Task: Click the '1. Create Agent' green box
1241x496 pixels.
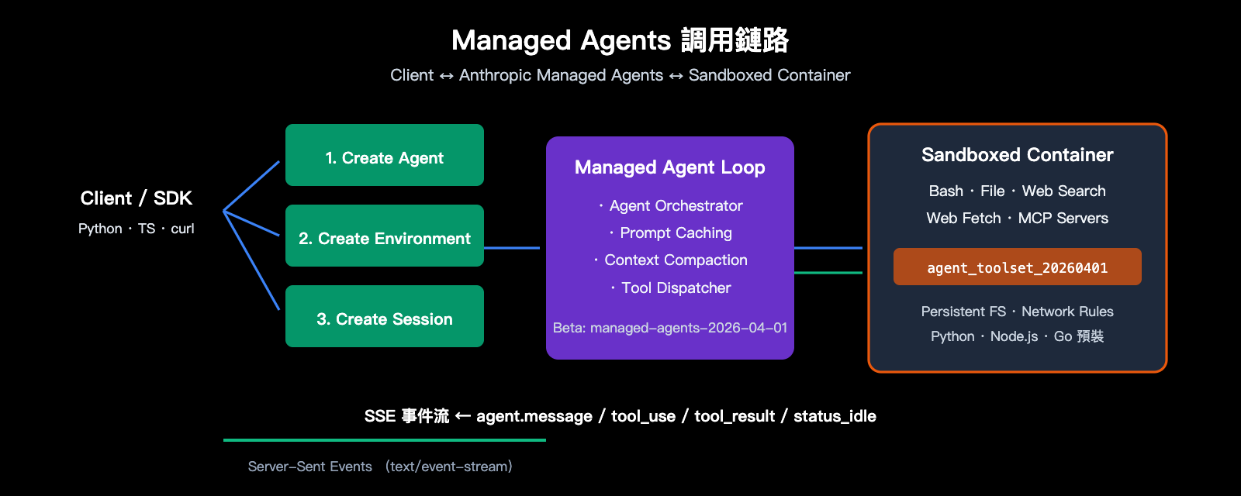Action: pyautogui.click(x=385, y=156)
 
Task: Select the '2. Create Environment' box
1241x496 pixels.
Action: pyautogui.click(x=385, y=236)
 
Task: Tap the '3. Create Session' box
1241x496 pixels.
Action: pyautogui.click(x=385, y=317)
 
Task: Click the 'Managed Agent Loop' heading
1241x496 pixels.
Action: pyautogui.click(x=669, y=167)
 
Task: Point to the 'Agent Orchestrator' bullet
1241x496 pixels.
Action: pyautogui.click(x=675, y=206)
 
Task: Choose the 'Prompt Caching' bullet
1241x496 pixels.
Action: pyautogui.click(x=675, y=233)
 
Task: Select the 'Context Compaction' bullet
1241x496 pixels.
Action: pyautogui.click(x=675, y=260)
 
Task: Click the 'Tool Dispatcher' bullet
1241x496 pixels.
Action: pyautogui.click(x=675, y=288)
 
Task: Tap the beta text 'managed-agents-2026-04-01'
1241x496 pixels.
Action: pyautogui.click(x=688, y=328)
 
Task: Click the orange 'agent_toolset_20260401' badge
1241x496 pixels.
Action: pyautogui.click(x=1017, y=267)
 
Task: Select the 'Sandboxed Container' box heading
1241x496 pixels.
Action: pyautogui.click(x=1017, y=155)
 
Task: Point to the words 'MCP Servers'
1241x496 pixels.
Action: pyautogui.click(x=1063, y=219)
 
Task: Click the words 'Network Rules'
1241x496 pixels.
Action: pyautogui.click(x=1067, y=312)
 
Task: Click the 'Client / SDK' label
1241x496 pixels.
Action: pyautogui.click(x=137, y=198)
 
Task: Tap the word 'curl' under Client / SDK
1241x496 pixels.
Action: pyautogui.click(x=182, y=229)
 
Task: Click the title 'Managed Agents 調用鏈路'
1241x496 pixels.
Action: pyautogui.click(x=620, y=40)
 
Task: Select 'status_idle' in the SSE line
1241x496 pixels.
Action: pyautogui.click(x=835, y=416)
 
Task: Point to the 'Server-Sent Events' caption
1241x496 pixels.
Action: pyautogui.click(x=309, y=467)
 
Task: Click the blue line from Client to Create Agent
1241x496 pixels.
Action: pyautogui.click(x=252, y=186)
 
